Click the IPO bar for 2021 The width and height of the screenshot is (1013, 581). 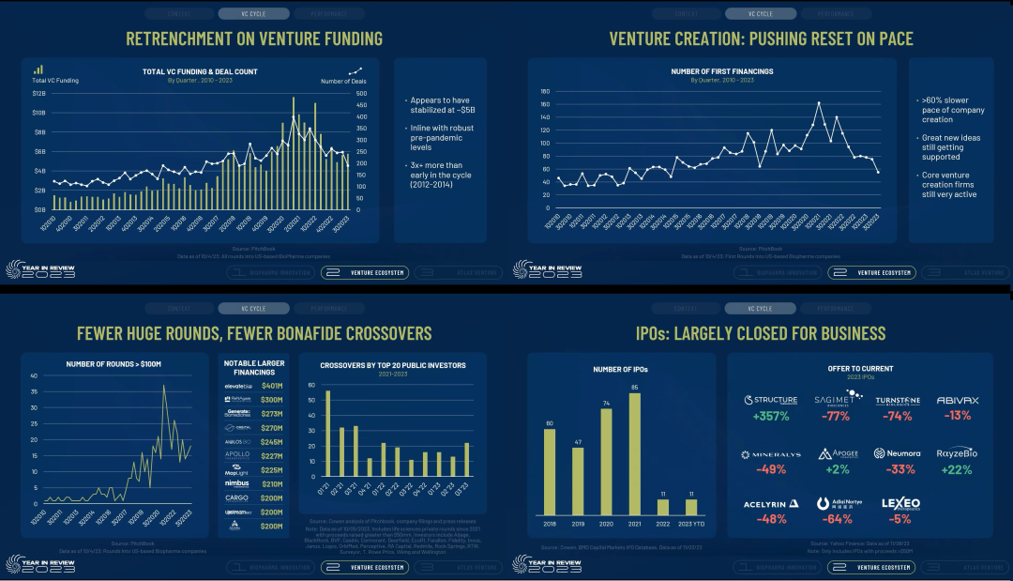[x=635, y=453]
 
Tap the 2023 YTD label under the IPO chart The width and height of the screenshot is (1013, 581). [x=691, y=523]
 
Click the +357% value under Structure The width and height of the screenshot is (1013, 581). [x=769, y=416]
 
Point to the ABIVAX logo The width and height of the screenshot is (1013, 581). [x=958, y=400]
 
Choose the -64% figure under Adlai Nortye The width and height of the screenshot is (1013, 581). [x=838, y=518]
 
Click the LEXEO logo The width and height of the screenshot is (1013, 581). [x=900, y=503]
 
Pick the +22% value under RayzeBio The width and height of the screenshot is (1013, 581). [x=958, y=468]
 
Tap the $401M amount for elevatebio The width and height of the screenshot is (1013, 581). [x=271, y=386]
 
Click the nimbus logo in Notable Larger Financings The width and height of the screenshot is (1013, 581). [x=235, y=484]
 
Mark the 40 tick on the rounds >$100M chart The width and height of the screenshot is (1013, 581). [x=34, y=376]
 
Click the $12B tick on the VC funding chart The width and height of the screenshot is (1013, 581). [x=38, y=94]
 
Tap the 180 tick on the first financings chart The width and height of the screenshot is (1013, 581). [x=543, y=92]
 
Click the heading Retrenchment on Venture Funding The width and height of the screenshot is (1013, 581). [x=254, y=38]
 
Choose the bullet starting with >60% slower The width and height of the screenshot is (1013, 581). [x=943, y=110]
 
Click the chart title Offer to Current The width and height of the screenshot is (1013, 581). [x=860, y=368]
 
